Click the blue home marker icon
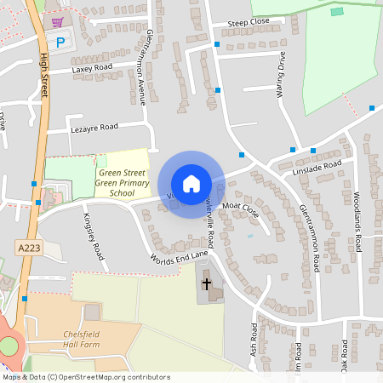191,184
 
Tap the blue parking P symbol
60,41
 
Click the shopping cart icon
57,22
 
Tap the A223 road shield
29,247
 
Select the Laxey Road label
92,67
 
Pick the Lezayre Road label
94,127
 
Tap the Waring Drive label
280,75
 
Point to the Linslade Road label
317,167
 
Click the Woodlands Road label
358,220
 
